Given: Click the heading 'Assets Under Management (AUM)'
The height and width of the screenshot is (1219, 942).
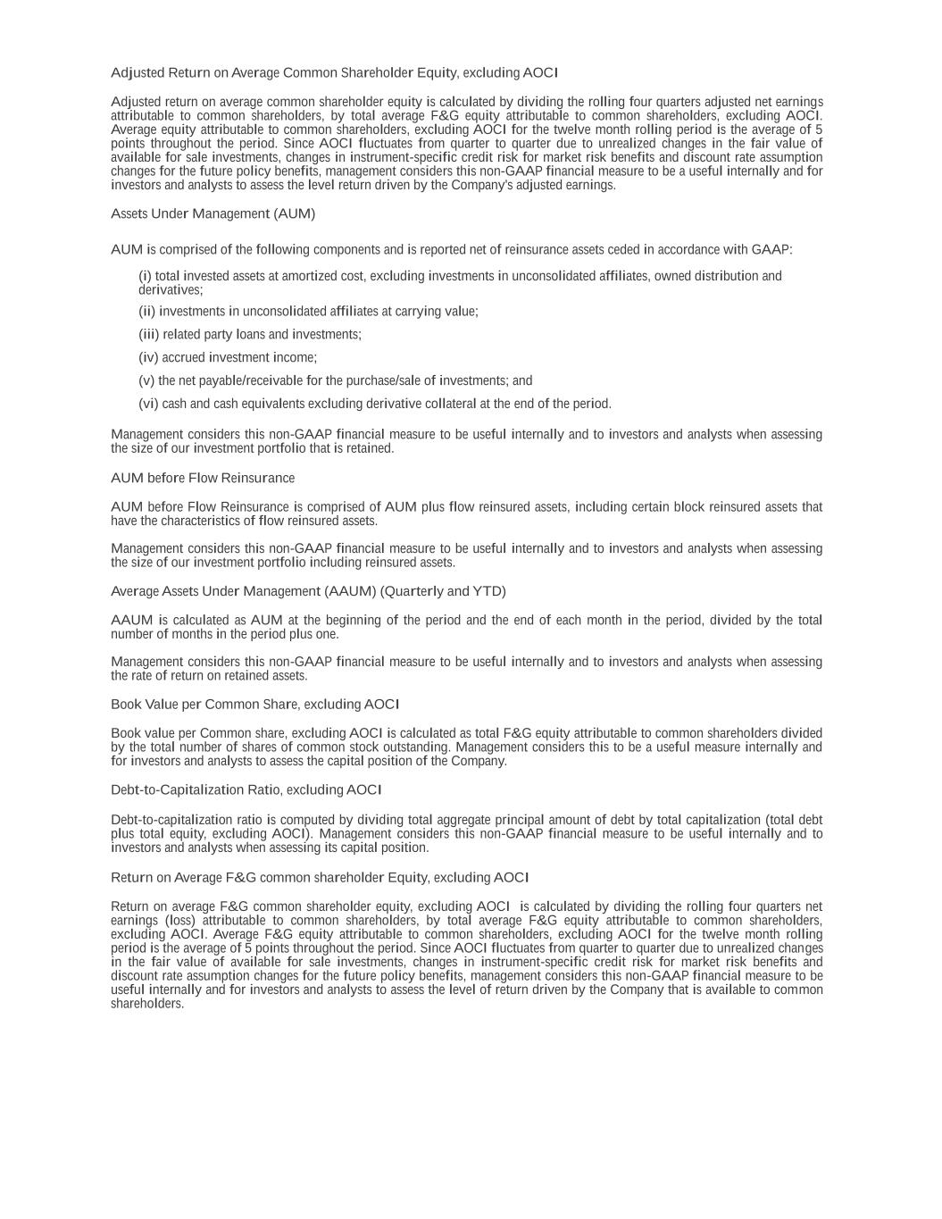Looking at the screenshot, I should pos(213,214).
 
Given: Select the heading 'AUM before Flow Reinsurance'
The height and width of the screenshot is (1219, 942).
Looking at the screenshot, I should pos(203,479).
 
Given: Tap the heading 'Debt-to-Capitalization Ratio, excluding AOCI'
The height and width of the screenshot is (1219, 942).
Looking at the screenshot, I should pos(246,790).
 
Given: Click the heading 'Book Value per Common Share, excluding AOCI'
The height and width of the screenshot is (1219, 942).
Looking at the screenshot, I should pos(254,705).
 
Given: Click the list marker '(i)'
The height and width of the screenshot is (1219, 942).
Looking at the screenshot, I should pos(145,277).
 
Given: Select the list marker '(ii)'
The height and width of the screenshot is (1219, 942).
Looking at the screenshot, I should pos(146,312).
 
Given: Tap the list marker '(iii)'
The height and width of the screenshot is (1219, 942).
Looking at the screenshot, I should pos(148,335).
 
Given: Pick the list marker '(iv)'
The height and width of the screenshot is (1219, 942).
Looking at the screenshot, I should pos(148,358).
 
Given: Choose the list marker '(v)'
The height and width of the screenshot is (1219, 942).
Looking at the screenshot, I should pos(146,381).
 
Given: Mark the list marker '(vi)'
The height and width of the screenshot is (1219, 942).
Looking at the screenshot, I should pos(148,405).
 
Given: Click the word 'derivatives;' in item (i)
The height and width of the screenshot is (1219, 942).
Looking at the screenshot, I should pos(171,290).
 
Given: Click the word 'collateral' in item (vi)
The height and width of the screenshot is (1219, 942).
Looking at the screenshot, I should pos(449,405).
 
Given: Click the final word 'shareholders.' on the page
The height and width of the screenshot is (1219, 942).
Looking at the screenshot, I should pos(147,1004).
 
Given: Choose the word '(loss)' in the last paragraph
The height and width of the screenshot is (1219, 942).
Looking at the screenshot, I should pos(179,921).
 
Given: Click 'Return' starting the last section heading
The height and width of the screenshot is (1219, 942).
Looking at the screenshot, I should pos(131,878).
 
